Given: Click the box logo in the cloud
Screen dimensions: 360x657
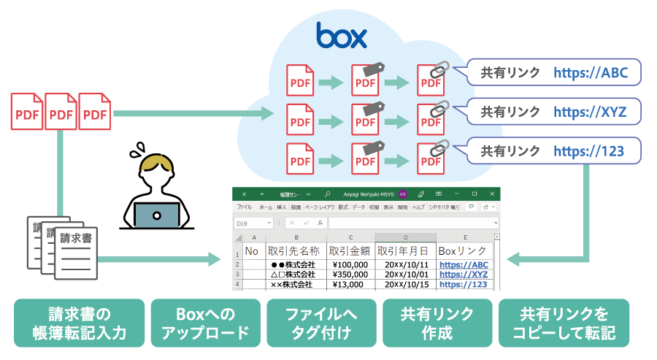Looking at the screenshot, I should [x=341, y=35].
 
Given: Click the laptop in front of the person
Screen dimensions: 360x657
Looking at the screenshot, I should [x=157, y=215].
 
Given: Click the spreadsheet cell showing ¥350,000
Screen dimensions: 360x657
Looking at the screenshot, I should [x=350, y=274].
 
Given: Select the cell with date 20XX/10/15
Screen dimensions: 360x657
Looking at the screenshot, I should [x=405, y=284].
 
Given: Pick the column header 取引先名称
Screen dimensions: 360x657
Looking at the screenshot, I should [x=296, y=250].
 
